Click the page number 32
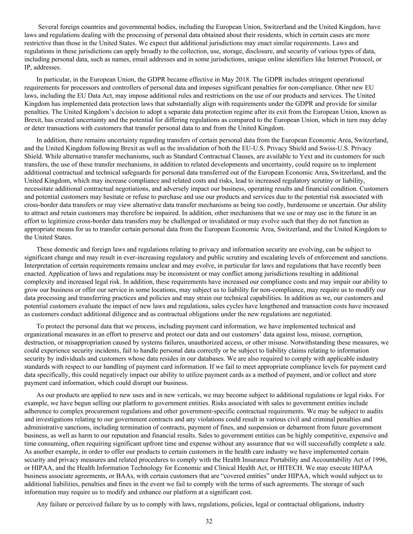209,521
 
